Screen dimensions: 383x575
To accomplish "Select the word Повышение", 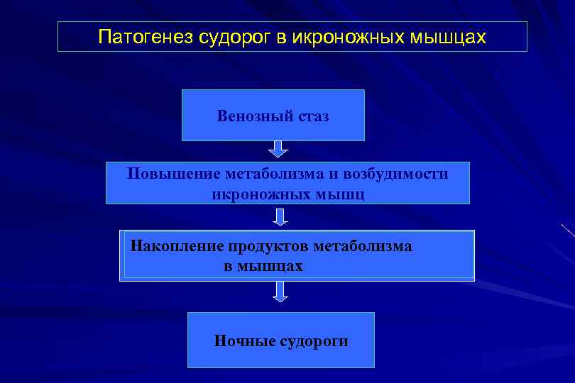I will point(174,174).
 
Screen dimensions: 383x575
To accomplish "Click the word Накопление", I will point(177,246).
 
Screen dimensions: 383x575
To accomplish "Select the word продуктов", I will point(268,246).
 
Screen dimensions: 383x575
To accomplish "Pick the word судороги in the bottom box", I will point(315,341).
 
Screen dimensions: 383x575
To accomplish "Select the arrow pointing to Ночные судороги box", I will point(280,292).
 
